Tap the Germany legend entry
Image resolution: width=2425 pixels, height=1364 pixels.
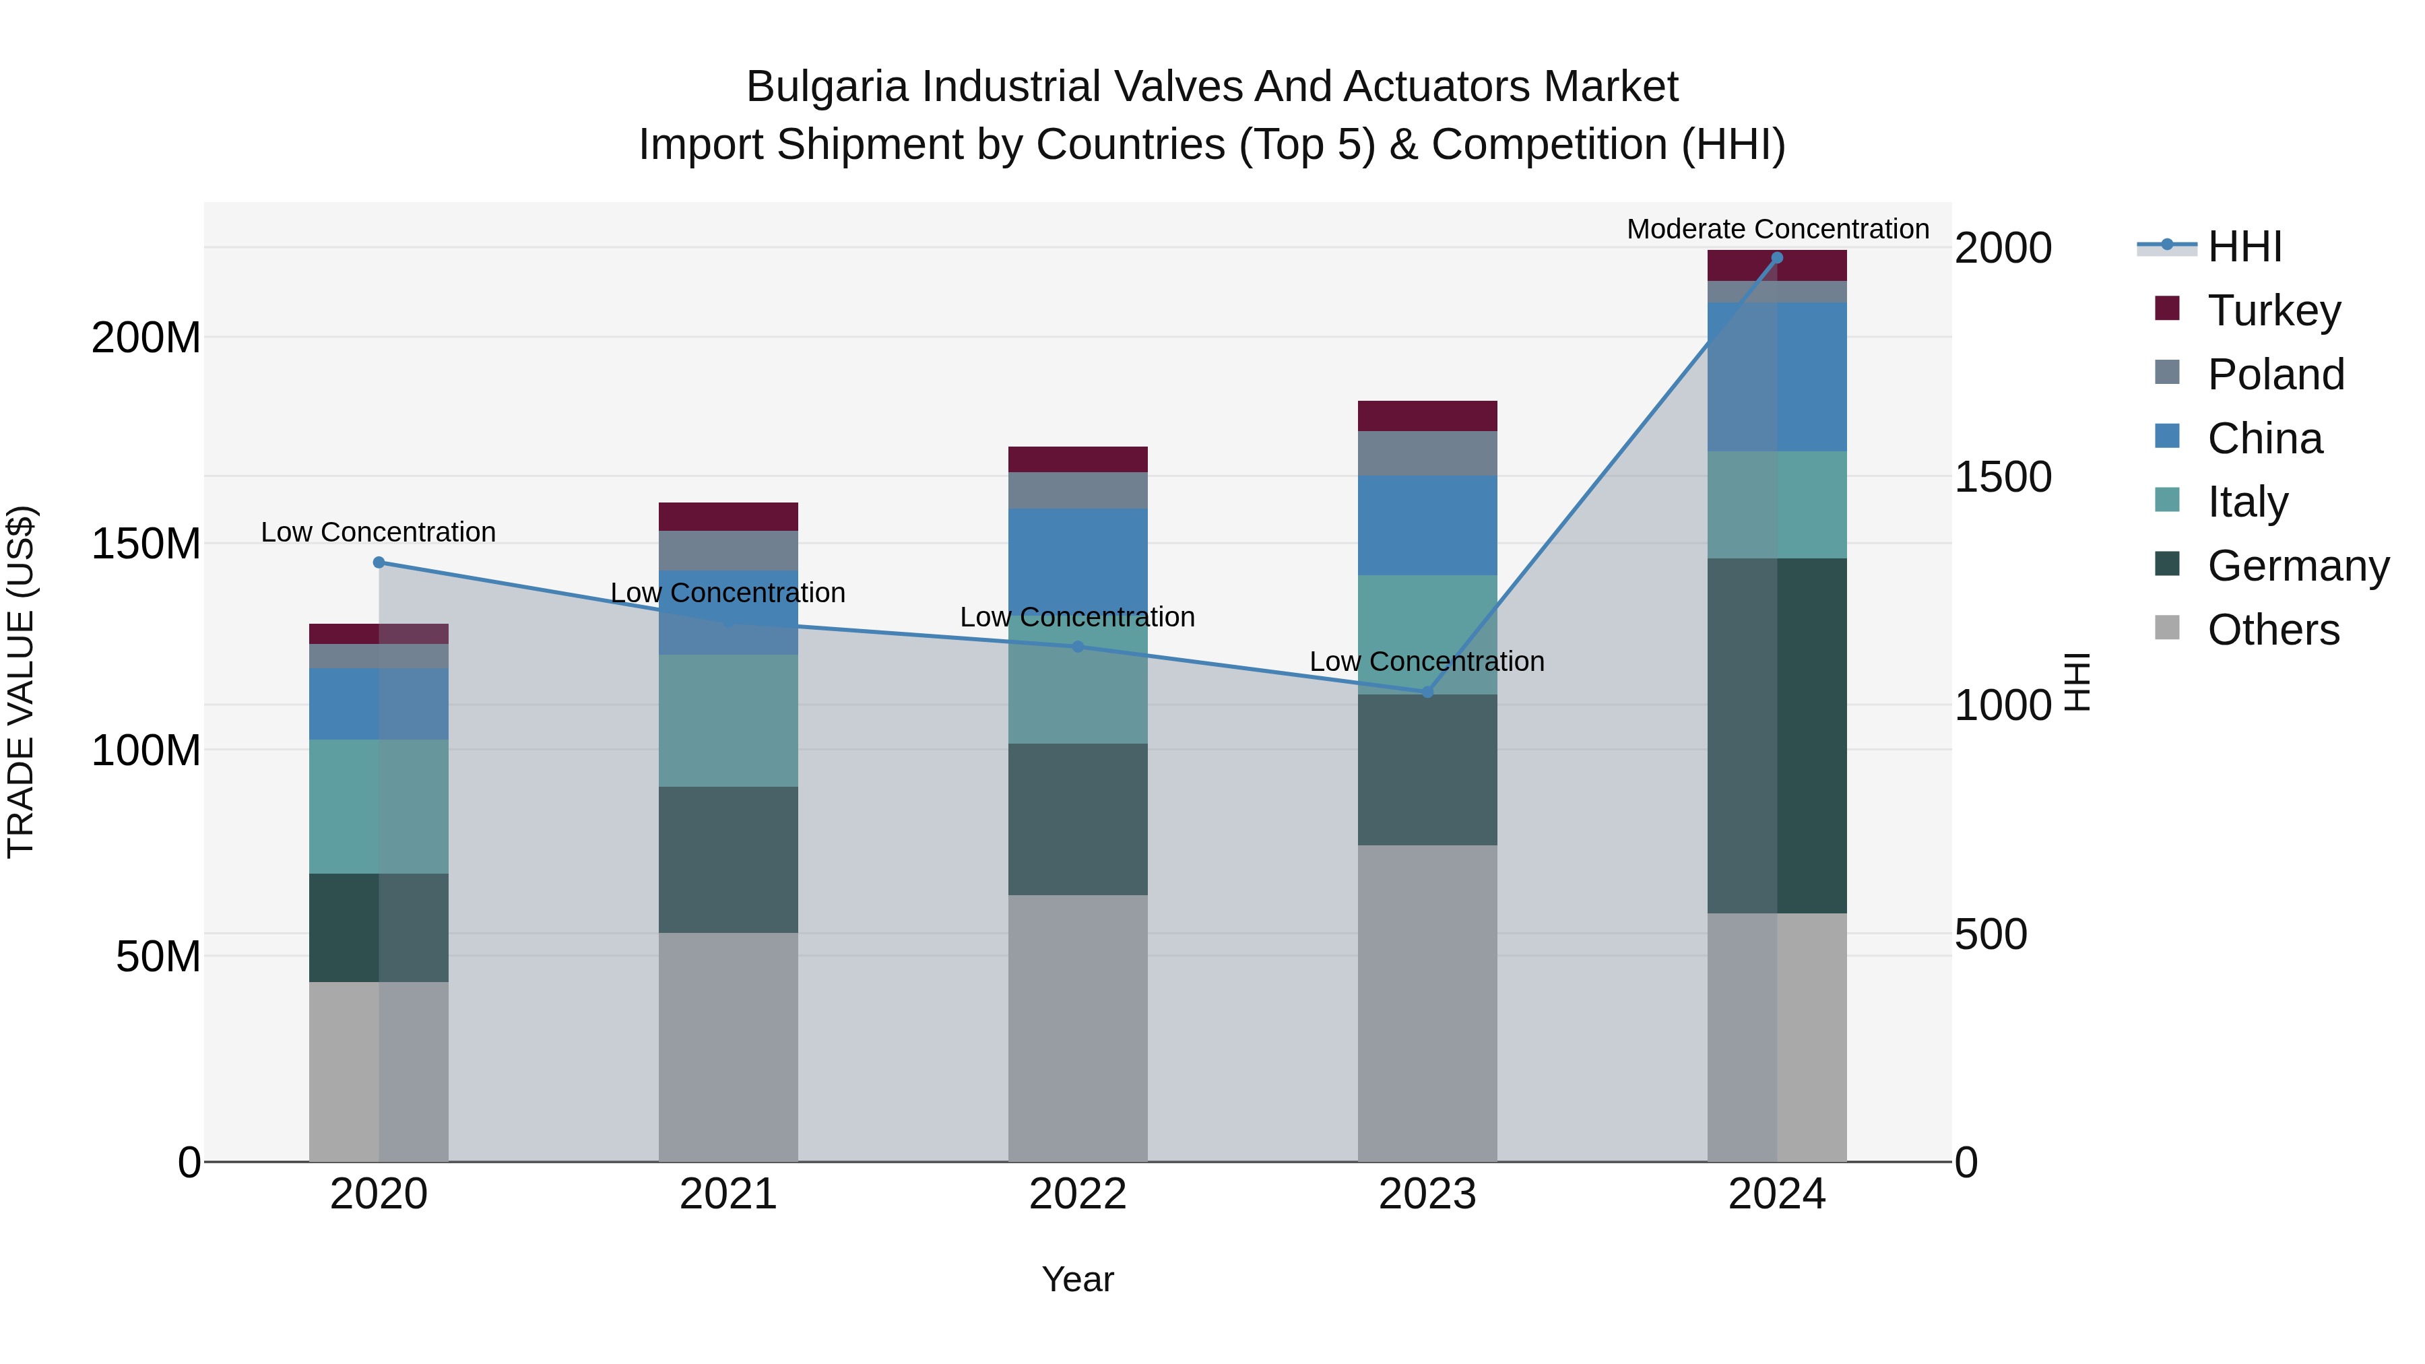(2297, 566)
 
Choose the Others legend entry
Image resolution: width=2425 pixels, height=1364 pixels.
(2273, 630)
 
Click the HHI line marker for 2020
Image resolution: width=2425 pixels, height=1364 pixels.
(379, 562)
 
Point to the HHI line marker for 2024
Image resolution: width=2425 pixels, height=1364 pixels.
(1776, 258)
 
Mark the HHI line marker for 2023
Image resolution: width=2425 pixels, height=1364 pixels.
(1427, 692)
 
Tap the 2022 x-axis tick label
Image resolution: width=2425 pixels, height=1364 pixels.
(1077, 1194)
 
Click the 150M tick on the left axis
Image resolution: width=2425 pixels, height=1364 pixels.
(146, 544)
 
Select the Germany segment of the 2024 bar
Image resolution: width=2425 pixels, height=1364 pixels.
(1776, 735)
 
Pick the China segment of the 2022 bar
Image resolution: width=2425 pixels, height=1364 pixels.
(1077, 556)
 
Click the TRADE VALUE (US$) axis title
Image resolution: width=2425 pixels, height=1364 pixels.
(21, 682)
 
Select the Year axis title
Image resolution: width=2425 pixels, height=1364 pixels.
(1077, 1279)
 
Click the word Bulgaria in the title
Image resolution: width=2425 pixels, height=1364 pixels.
(829, 87)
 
